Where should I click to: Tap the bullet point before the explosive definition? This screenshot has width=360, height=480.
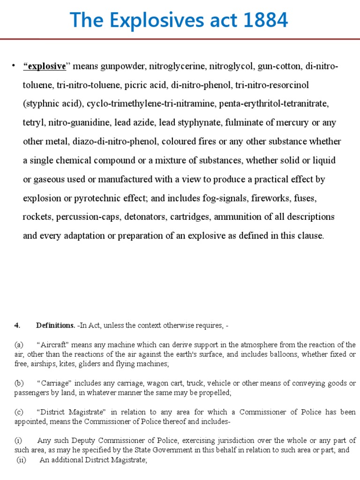(x=15, y=65)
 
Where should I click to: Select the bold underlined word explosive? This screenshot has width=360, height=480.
(x=45, y=66)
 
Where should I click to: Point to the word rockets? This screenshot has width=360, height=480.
(x=37, y=217)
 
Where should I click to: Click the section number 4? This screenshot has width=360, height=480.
(x=16, y=325)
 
